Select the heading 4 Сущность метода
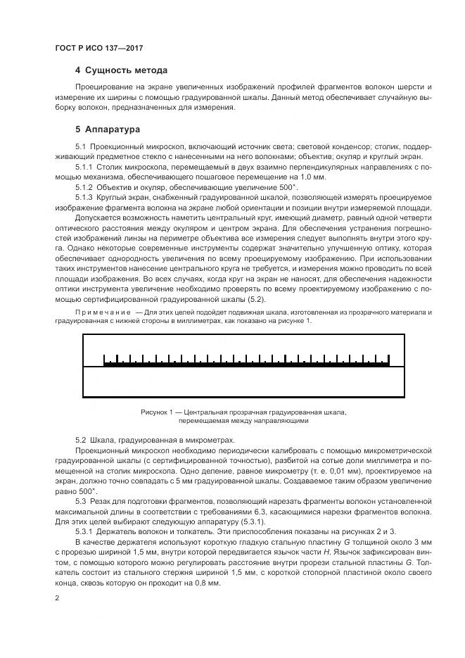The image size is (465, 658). pos(121,70)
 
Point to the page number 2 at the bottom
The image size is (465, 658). pos(57,598)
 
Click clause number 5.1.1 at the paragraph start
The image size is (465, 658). pos(84,167)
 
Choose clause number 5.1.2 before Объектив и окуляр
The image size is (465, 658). pos(84,188)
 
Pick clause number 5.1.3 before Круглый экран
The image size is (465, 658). pos(84,198)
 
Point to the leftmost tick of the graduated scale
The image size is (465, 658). pos(105,360)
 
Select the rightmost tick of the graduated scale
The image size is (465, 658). pos(389,360)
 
